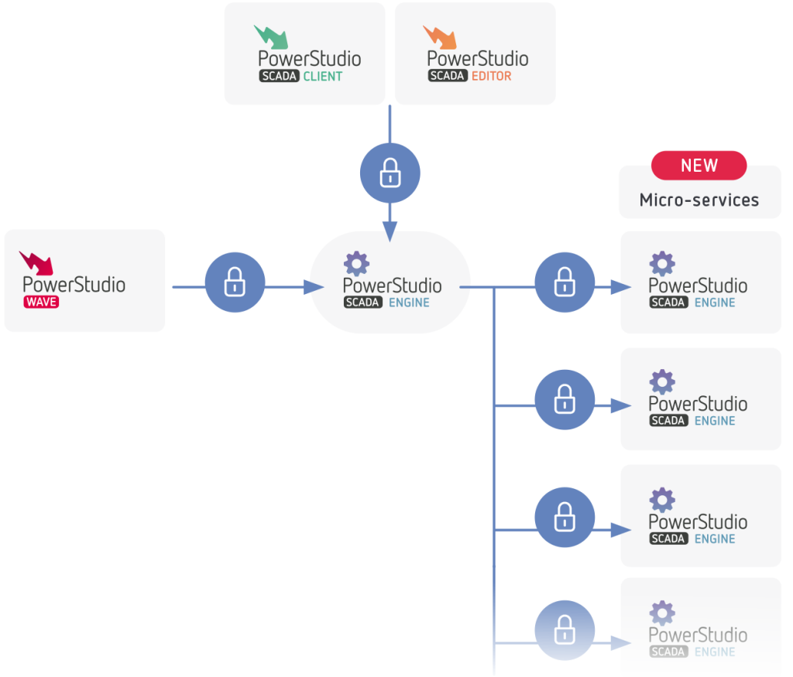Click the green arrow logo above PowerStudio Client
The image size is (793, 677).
pyautogui.click(x=270, y=36)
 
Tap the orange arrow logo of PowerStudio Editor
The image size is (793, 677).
pyautogui.click(x=438, y=36)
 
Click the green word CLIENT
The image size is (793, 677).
pyautogui.click(x=323, y=77)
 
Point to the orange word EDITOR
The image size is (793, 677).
pyautogui.click(x=491, y=77)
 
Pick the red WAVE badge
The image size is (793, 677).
pyautogui.click(x=41, y=302)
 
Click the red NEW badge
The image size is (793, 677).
pyautogui.click(x=699, y=166)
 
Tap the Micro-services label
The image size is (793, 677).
pyautogui.click(x=699, y=200)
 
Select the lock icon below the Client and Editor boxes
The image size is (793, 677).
pyautogui.click(x=390, y=173)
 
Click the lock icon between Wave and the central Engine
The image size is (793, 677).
pyautogui.click(x=235, y=283)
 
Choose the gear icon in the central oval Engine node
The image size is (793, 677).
pyautogui.click(x=356, y=264)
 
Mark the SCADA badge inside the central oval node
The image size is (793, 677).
pyautogui.click(x=362, y=303)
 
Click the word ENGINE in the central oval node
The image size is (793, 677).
pyautogui.click(x=409, y=303)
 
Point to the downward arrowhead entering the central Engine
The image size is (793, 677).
pyautogui.click(x=390, y=229)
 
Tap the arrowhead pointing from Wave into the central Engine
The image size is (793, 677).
pyautogui.click(x=314, y=287)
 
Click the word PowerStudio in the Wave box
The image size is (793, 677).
pyautogui.click(x=74, y=284)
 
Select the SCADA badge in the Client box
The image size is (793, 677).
pyautogui.click(x=279, y=77)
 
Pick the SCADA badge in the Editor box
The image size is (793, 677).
pyautogui.click(x=447, y=77)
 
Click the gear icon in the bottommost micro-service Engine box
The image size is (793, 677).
pyautogui.click(x=662, y=613)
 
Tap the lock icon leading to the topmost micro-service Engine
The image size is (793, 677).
pyautogui.click(x=565, y=283)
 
